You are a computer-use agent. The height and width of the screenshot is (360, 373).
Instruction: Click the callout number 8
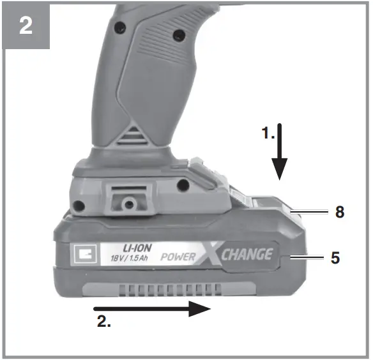click(339, 211)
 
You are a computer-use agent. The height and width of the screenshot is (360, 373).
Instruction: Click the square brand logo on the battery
click(85, 255)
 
